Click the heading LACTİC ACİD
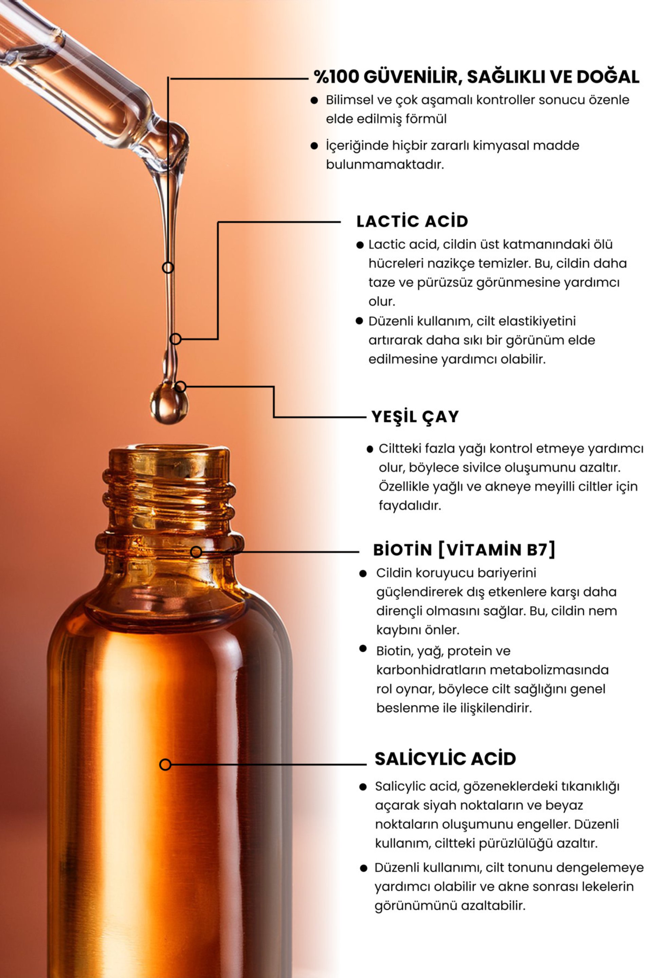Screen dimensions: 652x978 tap(412, 221)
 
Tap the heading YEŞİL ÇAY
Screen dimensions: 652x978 tap(415, 417)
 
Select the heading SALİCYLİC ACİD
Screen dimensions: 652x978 tap(445, 759)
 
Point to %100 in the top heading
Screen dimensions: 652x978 tap(336, 77)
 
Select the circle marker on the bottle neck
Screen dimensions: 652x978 tap(196, 552)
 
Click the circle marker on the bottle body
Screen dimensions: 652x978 tap(165, 764)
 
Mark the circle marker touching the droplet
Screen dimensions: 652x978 tap(180, 387)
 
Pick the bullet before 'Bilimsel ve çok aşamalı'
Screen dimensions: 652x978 tap(314, 100)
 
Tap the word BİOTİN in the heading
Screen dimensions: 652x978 tap(402, 550)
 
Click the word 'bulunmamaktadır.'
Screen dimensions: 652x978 tap(385, 165)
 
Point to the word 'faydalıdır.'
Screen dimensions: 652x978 tap(410, 506)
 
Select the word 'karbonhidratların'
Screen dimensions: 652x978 tap(430, 670)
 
